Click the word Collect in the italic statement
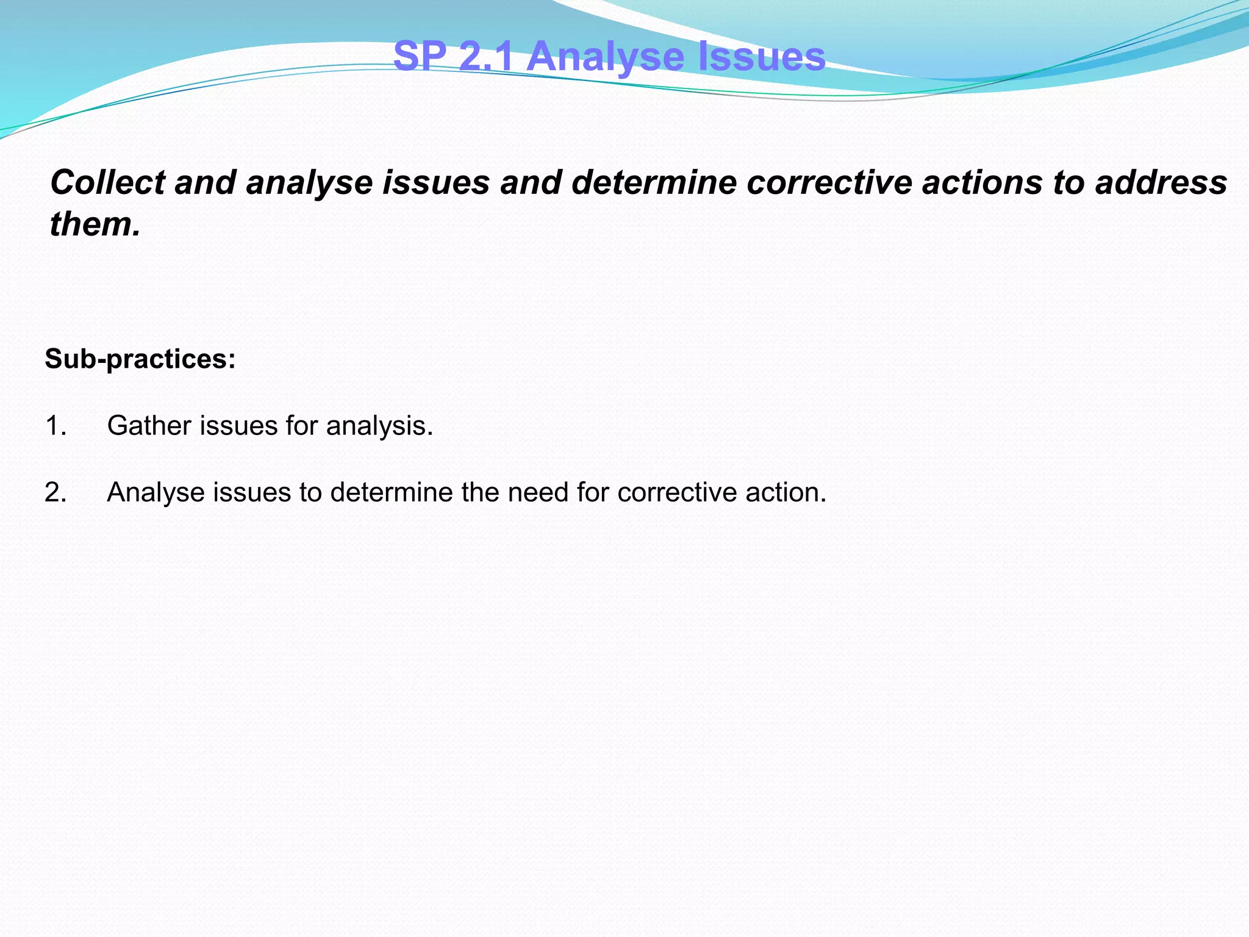click(107, 182)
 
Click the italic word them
click(95, 224)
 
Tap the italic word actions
click(982, 182)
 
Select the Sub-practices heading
click(140, 359)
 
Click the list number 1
click(55, 426)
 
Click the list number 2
click(55, 492)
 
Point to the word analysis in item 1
click(379, 426)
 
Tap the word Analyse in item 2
click(156, 492)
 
